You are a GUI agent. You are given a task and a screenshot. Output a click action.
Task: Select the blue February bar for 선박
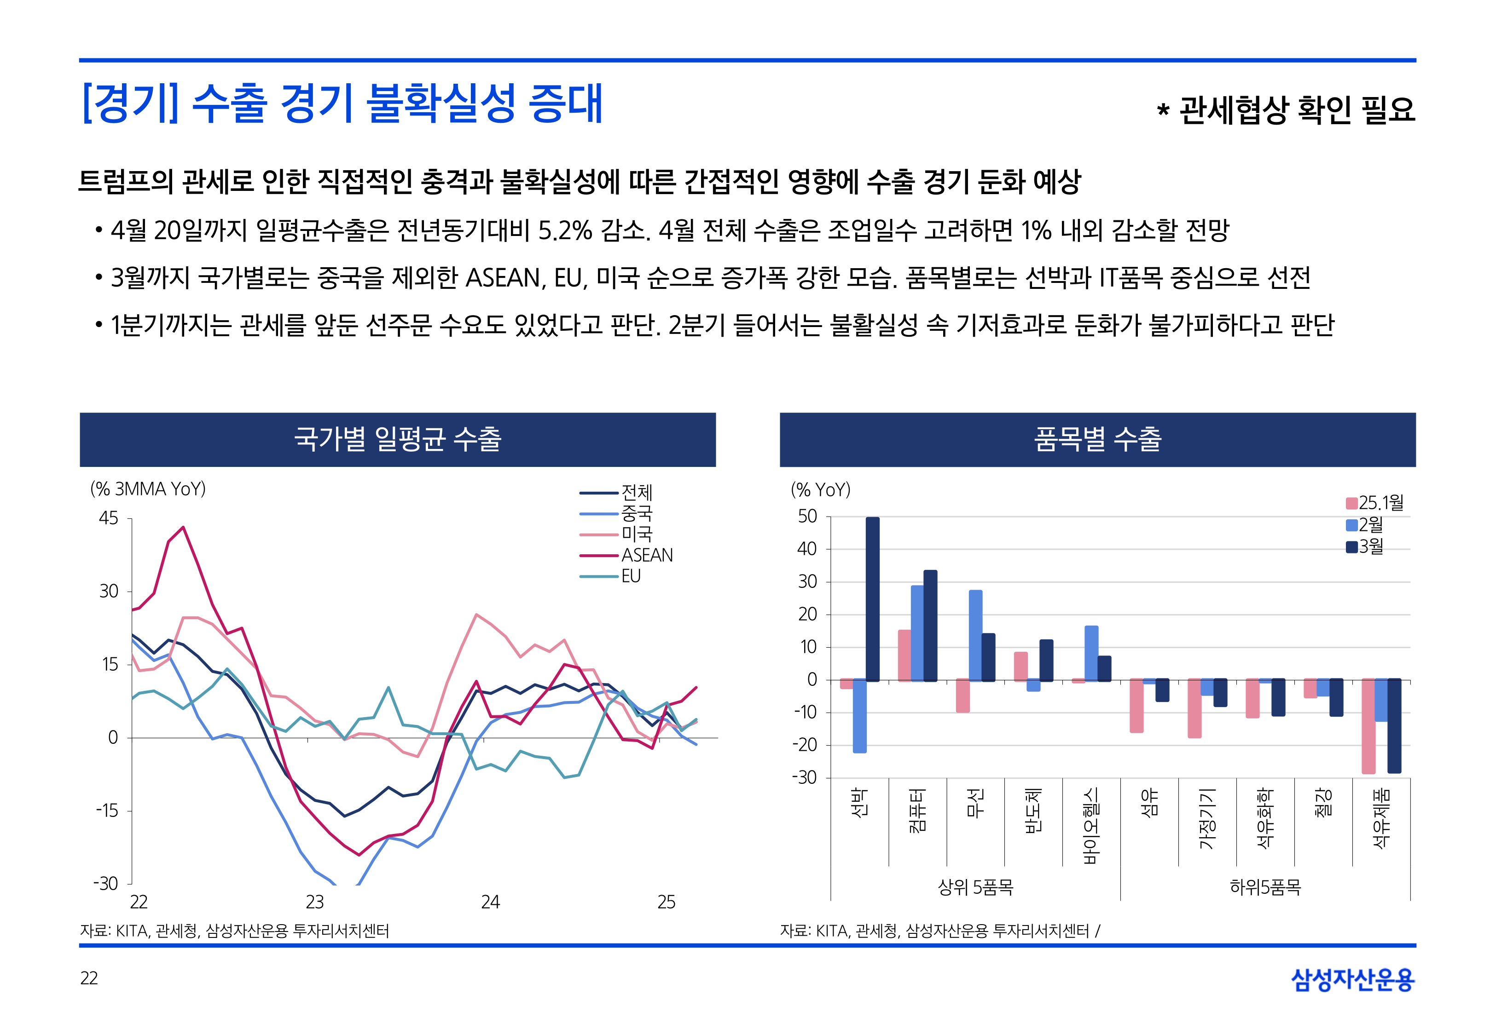pyautogui.click(x=859, y=716)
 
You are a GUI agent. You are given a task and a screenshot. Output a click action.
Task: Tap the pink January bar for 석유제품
pyautogui.click(x=1368, y=726)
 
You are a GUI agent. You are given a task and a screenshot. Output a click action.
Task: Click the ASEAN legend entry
pyautogui.click(x=646, y=555)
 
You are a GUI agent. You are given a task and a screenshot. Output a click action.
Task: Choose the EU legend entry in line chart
pyautogui.click(x=631, y=576)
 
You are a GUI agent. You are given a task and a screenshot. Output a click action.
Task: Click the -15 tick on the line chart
pyautogui.click(x=107, y=811)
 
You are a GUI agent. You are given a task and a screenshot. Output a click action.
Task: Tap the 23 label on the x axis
pyautogui.click(x=315, y=902)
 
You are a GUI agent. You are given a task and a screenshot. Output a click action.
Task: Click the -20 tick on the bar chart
pyautogui.click(x=805, y=745)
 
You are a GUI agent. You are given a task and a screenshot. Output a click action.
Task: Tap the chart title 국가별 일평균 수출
pyautogui.click(x=398, y=439)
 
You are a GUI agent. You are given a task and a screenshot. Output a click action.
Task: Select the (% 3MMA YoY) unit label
pyautogui.click(x=148, y=489)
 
